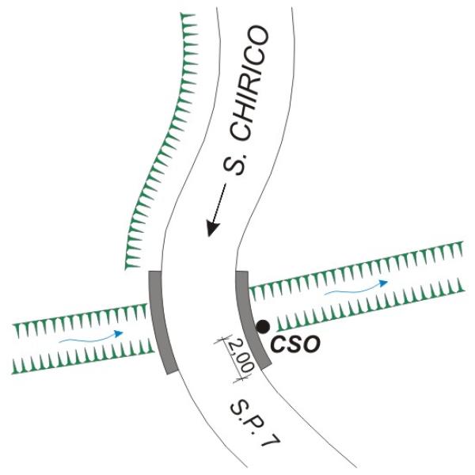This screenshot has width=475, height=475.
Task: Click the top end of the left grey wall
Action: [155, 273]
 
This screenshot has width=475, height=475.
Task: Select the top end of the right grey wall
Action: [243, 273]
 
